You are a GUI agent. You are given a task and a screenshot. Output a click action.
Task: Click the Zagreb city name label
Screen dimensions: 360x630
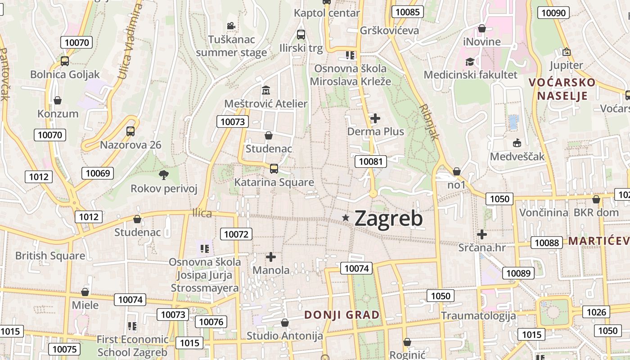tap(389, 219)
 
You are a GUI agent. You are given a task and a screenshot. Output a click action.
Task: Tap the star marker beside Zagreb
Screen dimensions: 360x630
tap(346, 218)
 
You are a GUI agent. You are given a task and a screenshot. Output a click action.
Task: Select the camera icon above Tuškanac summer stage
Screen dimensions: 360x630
tap(231, 26)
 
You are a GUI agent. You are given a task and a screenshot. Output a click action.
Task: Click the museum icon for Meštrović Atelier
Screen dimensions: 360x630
tap(265, 90)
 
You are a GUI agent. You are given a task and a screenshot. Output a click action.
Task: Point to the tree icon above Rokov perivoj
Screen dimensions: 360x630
tap(164, 175)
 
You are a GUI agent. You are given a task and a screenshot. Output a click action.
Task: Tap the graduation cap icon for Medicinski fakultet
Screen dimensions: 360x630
tap(470, 61)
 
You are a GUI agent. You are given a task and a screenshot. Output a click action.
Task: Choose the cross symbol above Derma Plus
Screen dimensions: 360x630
tap(375, 118)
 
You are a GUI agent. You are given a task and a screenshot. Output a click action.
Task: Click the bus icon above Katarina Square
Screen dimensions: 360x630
tap(274, 169)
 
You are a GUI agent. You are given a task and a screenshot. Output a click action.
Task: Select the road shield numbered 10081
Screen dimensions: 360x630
tap(370, 161)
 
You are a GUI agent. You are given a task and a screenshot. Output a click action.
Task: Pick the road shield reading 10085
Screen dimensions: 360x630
tap(407, 12)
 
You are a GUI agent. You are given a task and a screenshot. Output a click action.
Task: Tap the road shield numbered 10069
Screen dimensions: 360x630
tap(98, 173)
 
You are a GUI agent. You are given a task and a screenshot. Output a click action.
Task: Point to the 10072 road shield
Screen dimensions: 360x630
tap(236, 234)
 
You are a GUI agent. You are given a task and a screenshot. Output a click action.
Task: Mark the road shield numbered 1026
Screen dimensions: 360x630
tap(597, 312)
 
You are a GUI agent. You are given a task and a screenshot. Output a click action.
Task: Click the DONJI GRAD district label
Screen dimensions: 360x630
tap(342, 315)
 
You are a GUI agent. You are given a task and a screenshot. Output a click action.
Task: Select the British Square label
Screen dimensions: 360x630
tap(50, 256)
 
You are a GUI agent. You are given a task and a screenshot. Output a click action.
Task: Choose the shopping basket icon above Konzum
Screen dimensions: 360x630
tap(57, 100)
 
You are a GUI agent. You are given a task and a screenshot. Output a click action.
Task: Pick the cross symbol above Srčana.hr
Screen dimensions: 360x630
tap(482, 234)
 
